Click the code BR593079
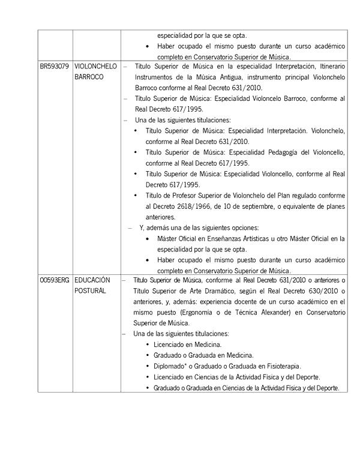[x=54, y=67]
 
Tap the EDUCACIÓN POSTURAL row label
[x=93, y=285]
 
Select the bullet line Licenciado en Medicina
[x=187, y=345]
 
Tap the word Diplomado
[x=171, y=366]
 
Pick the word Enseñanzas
[x=218, y=239]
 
